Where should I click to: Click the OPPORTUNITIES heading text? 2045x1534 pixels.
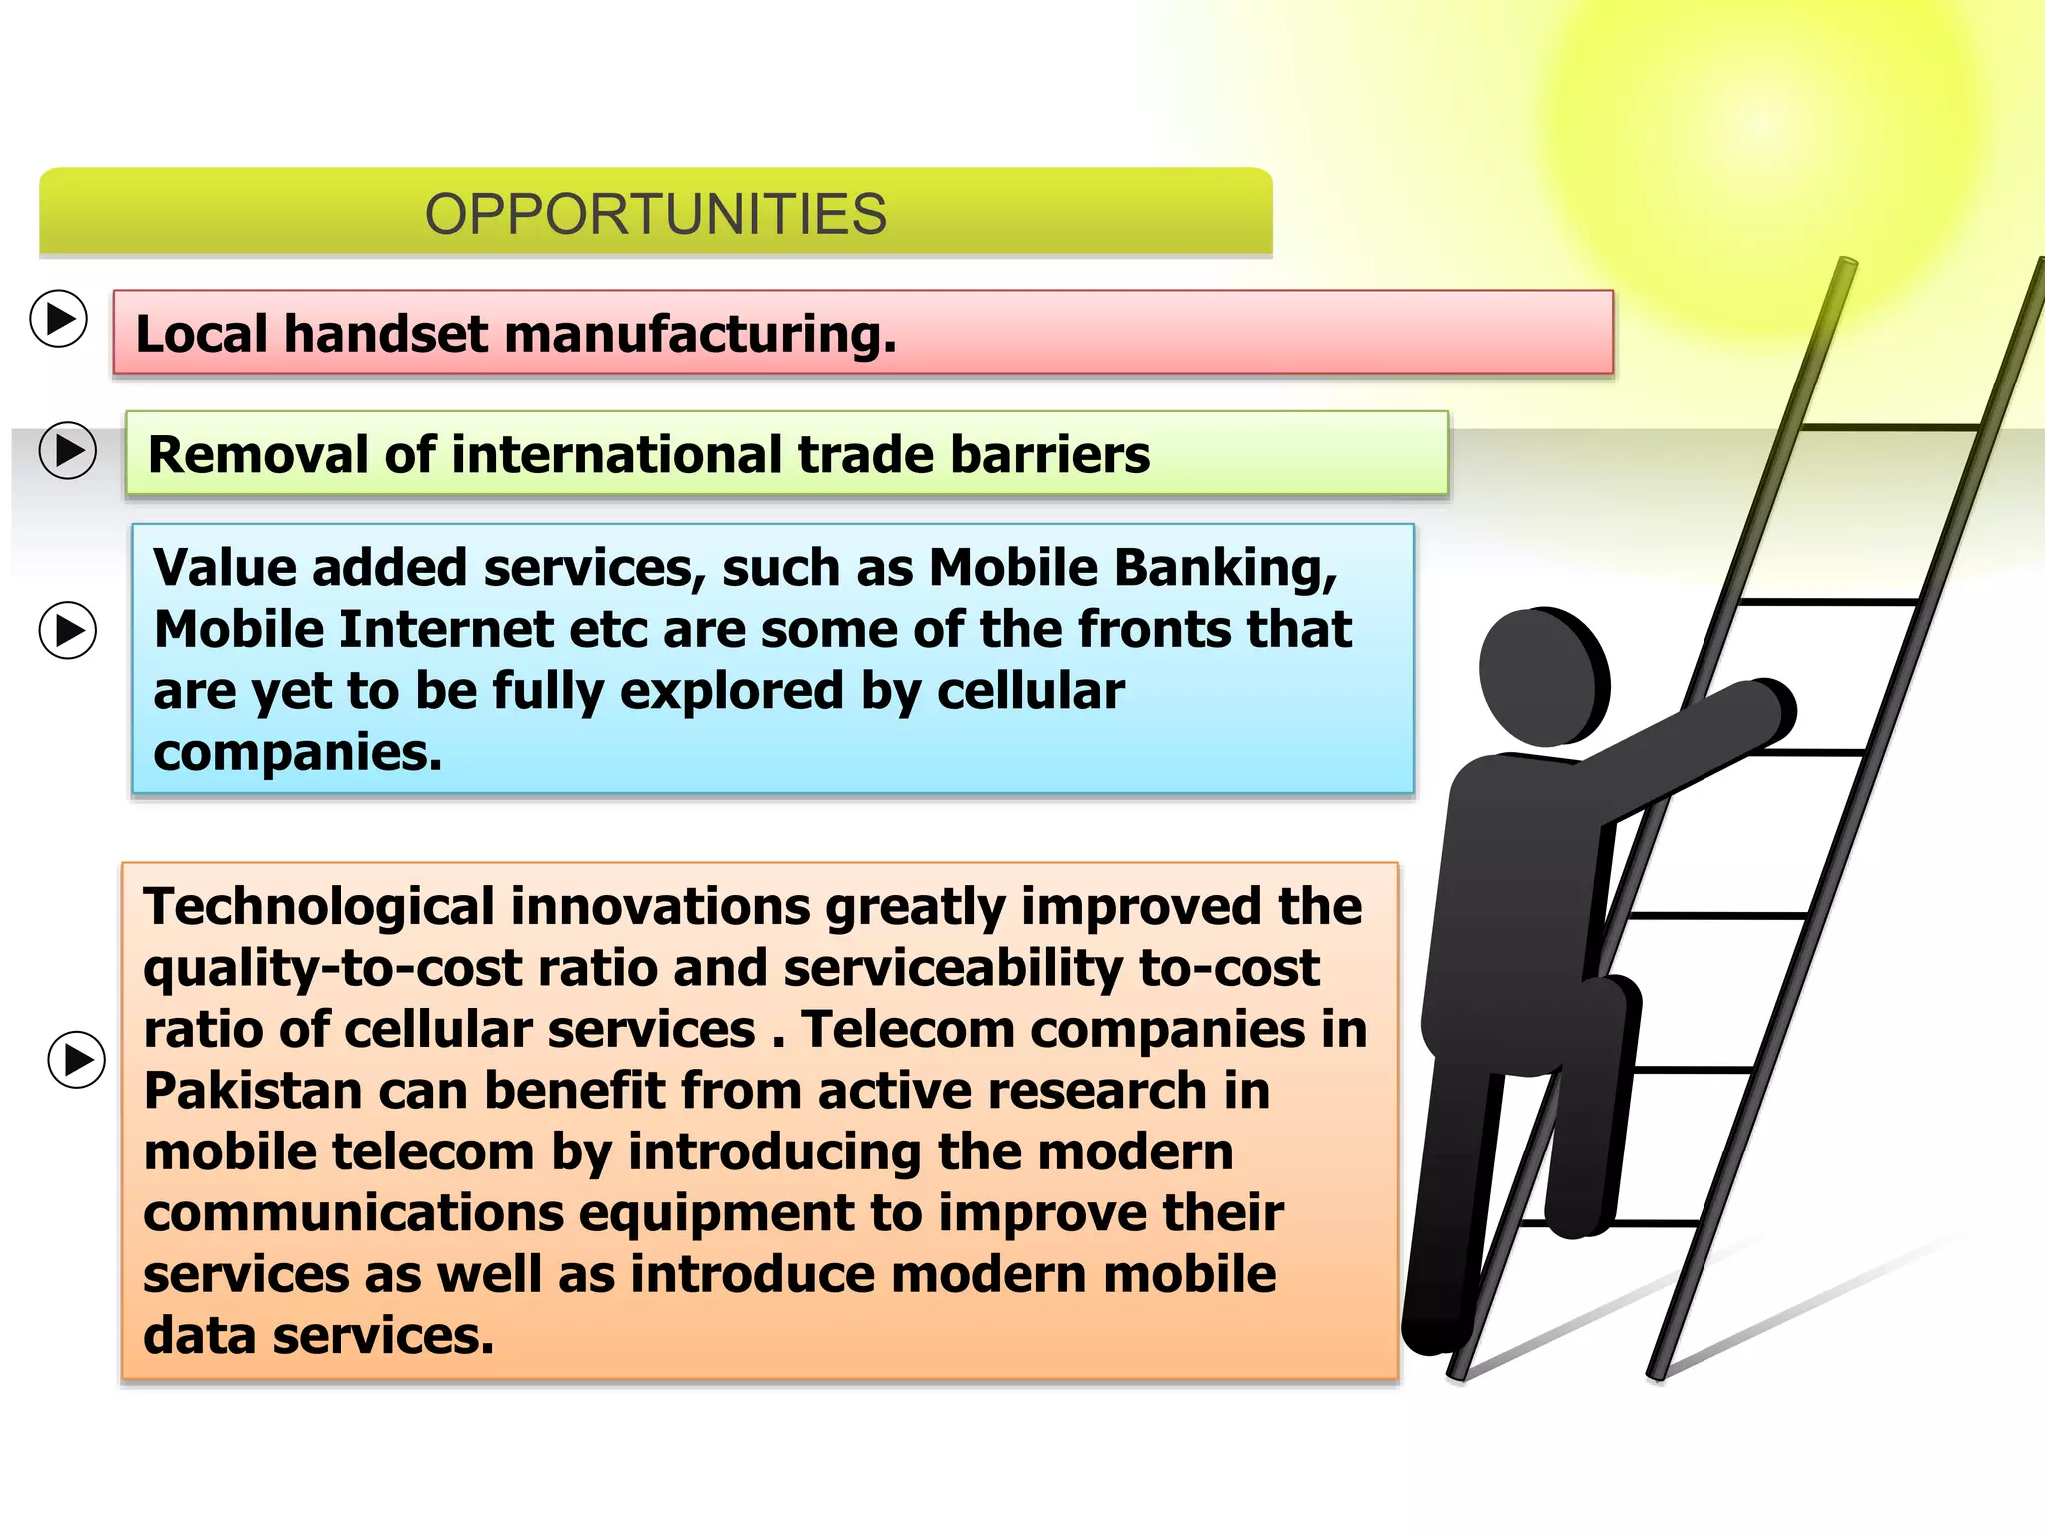click(x=656, y=214)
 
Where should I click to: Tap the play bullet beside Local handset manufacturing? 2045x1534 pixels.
click(x=59, y=319)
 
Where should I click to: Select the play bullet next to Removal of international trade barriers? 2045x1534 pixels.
click(x=68, y=451)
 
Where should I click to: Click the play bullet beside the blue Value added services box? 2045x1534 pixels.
click(x=68, y=630)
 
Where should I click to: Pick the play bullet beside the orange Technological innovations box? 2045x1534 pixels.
click(x=77, y=1059)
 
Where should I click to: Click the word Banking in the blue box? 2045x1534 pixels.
click(x=1225, y=569)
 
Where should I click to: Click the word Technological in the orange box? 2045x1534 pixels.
click(x=319, y=907)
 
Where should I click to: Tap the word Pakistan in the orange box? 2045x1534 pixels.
click(x=253, y=1091)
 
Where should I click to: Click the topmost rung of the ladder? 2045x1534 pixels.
click(x=1890, y=427)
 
